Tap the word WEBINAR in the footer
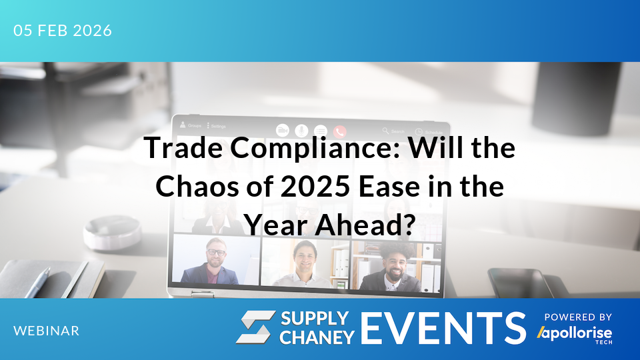tap(46, 331)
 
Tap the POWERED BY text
tap(578, 317)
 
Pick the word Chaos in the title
tap(194, 187)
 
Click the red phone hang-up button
tap(340, 131)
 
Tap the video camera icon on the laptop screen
tap(283, 130)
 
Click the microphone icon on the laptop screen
tap(301, 130)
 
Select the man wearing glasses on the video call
tap(215, 261)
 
